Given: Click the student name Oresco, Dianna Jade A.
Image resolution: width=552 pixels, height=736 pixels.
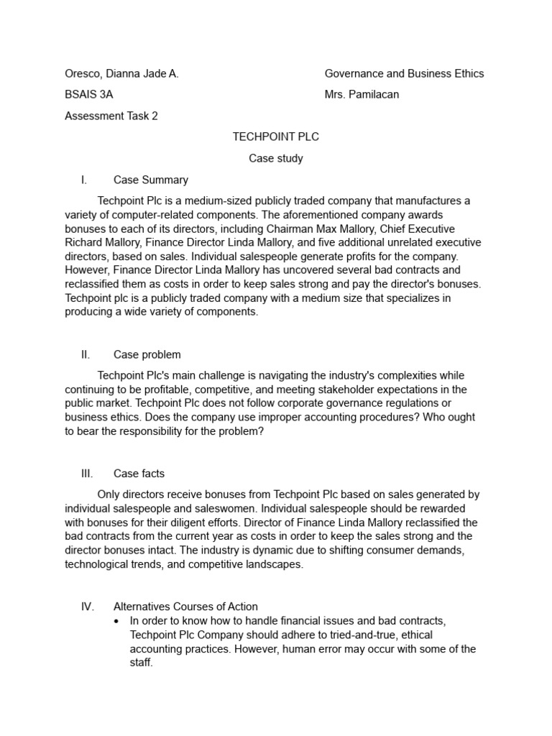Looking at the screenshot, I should [121, 73].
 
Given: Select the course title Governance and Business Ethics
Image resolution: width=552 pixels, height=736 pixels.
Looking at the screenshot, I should [404, 73].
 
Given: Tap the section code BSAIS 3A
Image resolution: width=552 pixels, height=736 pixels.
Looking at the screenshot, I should [88, 94].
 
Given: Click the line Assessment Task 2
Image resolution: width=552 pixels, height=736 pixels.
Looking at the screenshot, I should [111, 116].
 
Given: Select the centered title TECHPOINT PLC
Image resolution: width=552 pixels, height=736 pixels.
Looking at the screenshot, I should [276, 137].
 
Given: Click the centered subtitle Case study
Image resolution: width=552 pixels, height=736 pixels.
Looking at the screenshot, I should [276, 158].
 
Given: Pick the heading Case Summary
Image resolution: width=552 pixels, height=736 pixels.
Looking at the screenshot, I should [151, 180].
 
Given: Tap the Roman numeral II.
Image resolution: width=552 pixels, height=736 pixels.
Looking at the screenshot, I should [86, 354].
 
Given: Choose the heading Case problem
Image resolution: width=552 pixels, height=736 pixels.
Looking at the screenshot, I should [147, 354].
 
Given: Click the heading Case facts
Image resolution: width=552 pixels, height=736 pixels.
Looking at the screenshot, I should [139, 473].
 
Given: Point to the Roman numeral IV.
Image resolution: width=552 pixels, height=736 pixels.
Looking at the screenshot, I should [87, 606].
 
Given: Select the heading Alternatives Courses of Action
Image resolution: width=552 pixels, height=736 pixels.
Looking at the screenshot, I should [185, 606].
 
